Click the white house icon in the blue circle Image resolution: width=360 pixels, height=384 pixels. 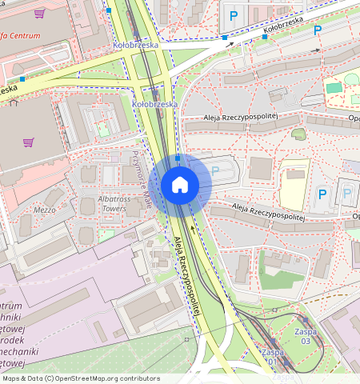tap(180, 185)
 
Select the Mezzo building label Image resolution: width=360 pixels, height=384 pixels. tap(45, 210)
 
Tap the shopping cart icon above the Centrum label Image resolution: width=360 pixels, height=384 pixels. tap(40, 14)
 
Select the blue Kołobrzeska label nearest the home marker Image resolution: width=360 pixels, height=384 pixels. tap(154, 104)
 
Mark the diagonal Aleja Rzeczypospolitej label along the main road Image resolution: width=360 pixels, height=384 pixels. tap(190, 274)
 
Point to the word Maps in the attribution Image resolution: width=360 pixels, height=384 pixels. tap(11, 378)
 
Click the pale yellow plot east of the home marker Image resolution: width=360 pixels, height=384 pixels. tap(294, 186)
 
